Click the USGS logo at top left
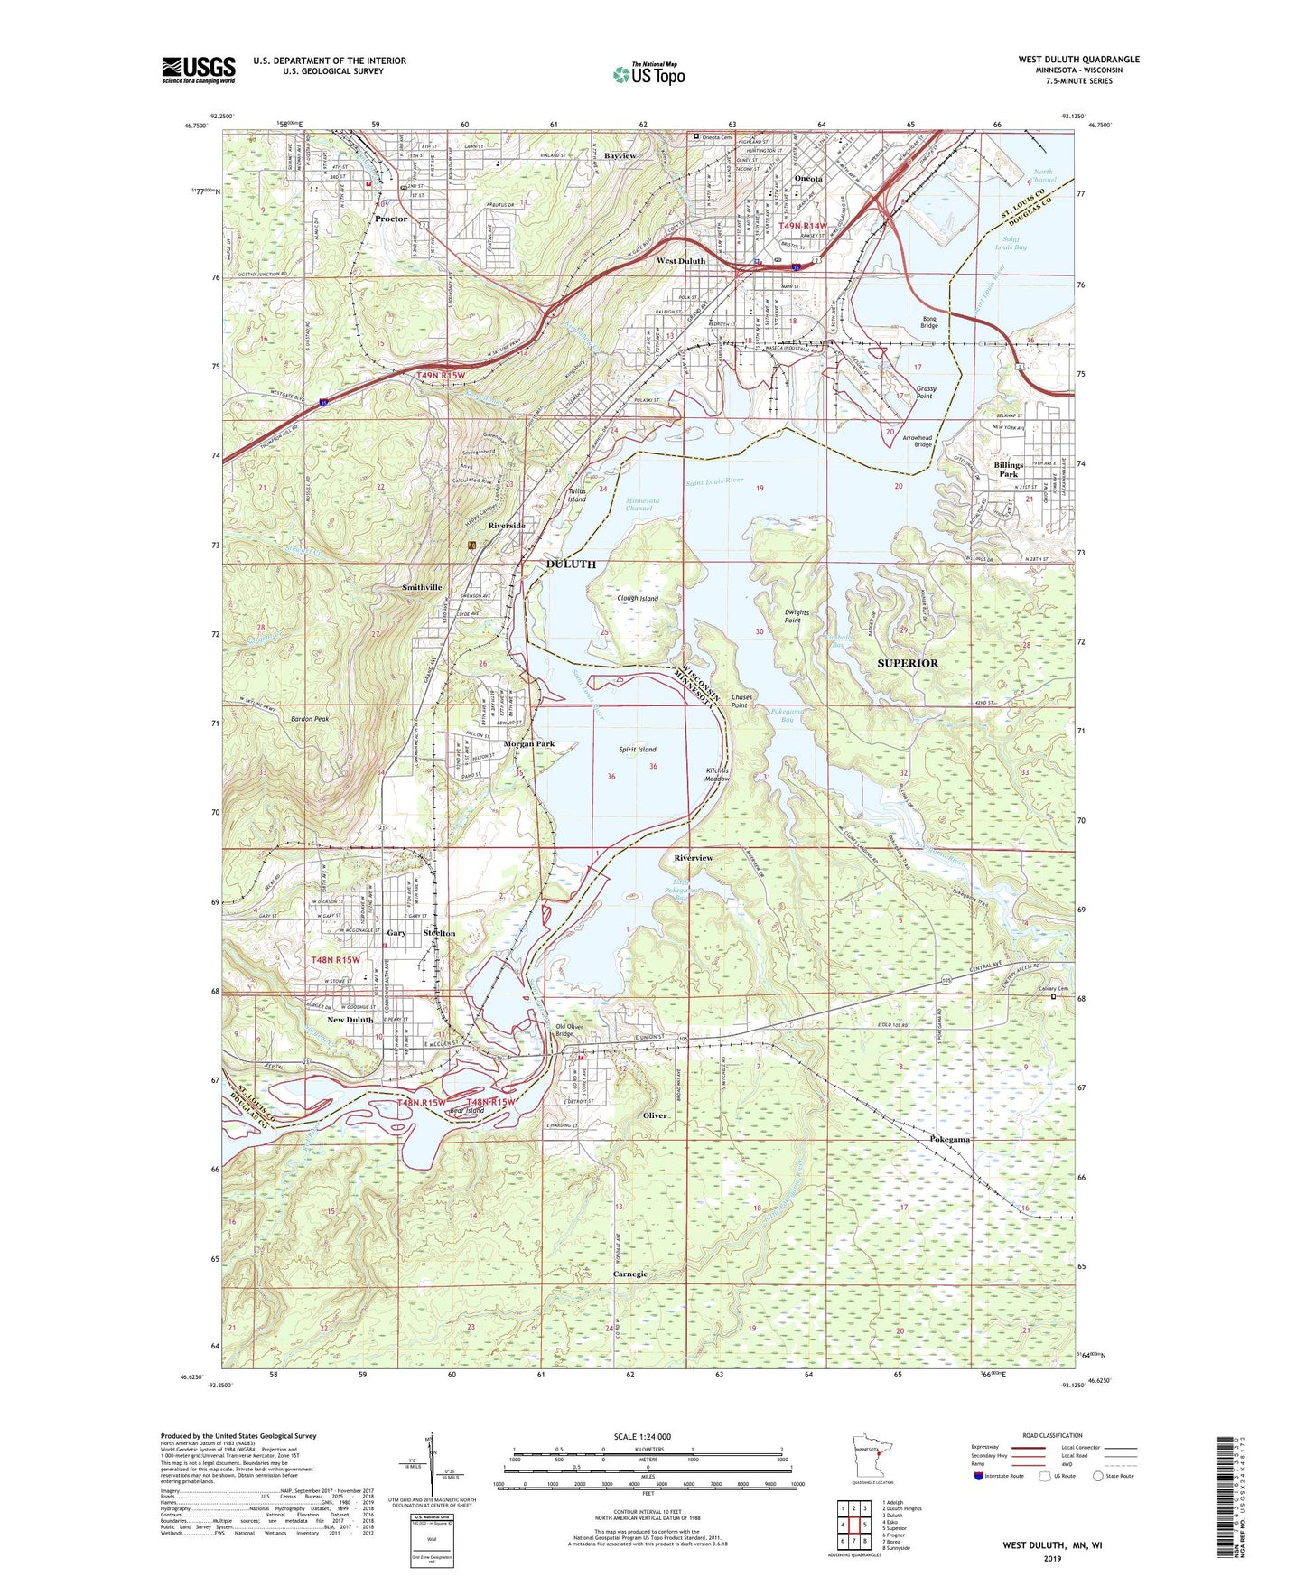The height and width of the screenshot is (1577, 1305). (199, 70)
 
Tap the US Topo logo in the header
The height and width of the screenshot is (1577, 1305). (648, 74)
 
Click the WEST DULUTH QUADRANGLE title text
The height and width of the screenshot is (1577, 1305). (1078, 60)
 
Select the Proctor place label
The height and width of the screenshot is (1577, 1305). (391, 219)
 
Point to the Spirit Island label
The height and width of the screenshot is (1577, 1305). (638, 750)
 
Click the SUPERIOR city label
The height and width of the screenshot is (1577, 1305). (908, 663)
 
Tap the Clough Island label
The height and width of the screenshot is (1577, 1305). (638, 598)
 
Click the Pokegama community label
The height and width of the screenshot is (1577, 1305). (950, 1140)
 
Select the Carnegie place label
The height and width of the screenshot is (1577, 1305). (630, 1274)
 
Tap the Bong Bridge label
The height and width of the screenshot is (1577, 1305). (928, 322)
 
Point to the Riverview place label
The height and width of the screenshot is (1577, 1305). (694, 858)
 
